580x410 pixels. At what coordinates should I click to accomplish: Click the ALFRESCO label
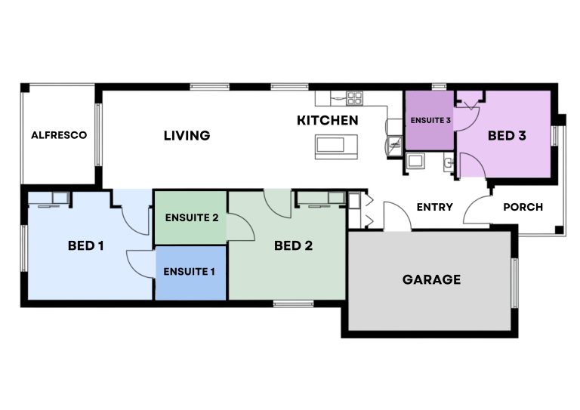(x=59, y=135)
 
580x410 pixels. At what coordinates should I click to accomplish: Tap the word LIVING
(x=187, y=136)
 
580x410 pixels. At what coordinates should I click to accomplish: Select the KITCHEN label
(x=327, y=121)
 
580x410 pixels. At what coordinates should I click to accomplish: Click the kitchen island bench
(x=336, y=146)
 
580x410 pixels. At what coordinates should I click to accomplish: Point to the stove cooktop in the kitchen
(x=355, y=98)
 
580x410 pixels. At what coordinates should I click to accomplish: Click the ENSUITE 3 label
(x=430, y=121)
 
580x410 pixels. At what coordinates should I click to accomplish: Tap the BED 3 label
(x=507, y=136)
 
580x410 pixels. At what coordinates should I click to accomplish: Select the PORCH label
(x=523, y=207)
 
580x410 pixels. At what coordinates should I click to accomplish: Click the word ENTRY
(x=435, y=207)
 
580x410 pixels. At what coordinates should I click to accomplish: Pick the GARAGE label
(x=432, y=279)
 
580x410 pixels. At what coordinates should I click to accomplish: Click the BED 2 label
(x=293, y=245)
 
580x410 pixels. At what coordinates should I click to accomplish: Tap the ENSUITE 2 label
(x=192, y=217)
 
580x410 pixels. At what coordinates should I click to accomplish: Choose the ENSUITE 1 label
(x=189, y=272)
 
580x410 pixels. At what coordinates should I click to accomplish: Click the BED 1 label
(x=86, y=245)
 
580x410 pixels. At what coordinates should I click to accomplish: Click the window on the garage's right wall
(x=514, y=283)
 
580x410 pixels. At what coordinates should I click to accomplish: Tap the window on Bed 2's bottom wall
(x=293, y=304)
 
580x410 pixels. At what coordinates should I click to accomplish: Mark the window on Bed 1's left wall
(x=24, y=248)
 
